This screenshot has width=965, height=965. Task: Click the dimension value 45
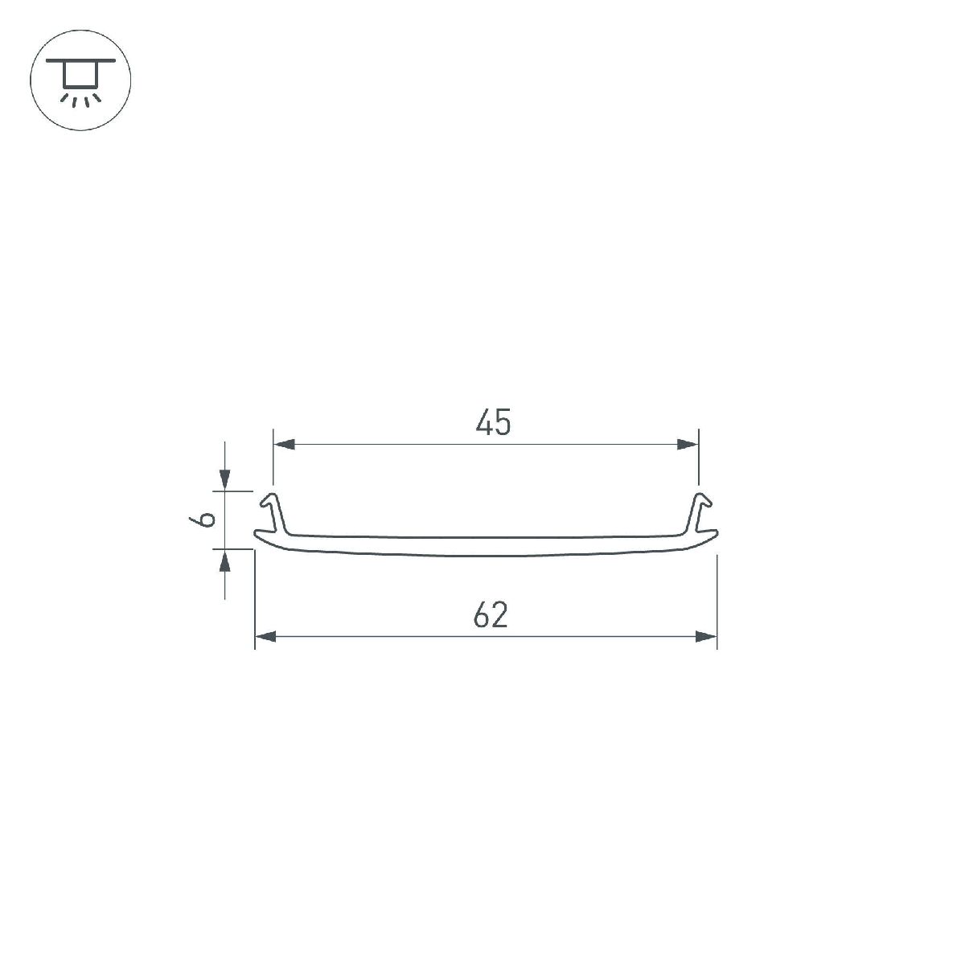pyautogui.click(x=493, y=423)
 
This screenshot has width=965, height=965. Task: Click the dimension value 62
pyautogui.click(x=491, y=616)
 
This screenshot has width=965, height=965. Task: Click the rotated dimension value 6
pyautogui.click(x=206, y=519)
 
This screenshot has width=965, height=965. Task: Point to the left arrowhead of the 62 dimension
pyautogui.click(x=266, y=637)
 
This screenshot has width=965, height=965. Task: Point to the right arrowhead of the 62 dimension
pyautogui.click(x=706, y=637)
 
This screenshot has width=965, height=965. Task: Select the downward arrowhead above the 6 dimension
pyautogui.click(x=225, y=480)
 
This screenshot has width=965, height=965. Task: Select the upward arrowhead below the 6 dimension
pyautogui.click(x=225, y=560)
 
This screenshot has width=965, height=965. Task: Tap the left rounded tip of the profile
pyautogui.click(x=257, y=536)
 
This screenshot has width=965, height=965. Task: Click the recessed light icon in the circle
pyautogui.click(x=80, y=81)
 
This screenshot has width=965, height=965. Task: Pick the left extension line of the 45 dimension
pyautogui.click(x=273, y=458)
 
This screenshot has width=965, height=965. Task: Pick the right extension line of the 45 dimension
pyautogui.click(x=699, y=458)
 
